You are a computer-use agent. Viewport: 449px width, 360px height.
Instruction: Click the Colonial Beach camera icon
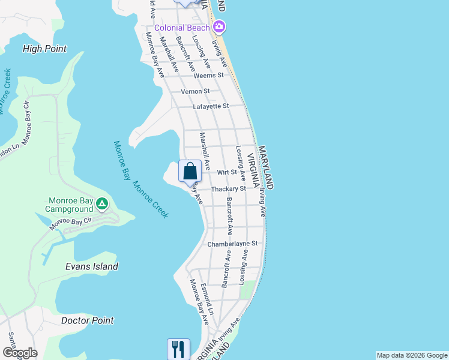pyautogui.click(x=219, y=27)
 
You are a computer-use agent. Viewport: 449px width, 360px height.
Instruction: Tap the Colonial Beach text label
pyautogui.click(x=182, y=28)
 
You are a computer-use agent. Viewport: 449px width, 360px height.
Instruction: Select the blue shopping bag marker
pyautogui.click(x=190, y=172)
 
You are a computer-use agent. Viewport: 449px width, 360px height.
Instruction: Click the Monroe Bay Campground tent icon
pyautogui.click(x=102, y=205)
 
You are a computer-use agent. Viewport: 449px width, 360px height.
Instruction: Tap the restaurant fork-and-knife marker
pyautogui.click(x=178, y=348)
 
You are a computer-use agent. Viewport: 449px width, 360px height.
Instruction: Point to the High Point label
pyautogui.click(x=44, y=49)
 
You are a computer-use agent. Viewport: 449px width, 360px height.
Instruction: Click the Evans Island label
pyautogui.click(x=91, y=266)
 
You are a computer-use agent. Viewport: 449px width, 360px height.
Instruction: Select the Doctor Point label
pyautogui.click(x=88, y=320)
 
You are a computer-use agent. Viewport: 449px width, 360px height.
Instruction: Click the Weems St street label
pyautogui.click(x=208, y=76)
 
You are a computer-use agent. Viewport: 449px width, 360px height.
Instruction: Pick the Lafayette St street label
pyautogui.click(x=211, y=106)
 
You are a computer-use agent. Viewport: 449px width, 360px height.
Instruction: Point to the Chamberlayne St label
pyautogui.click(x=232, y=244)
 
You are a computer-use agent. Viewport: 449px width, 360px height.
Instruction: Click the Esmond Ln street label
pyautogui.click(x=208, y=299)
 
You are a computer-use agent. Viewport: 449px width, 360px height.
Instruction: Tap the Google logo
pyautogui.click(x=20, y=353)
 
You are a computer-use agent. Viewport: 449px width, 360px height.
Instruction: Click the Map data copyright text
pyautogui.click(x=412, y=355)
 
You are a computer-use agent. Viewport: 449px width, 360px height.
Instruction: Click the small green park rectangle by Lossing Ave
pyautogui.click(x=245, y=290)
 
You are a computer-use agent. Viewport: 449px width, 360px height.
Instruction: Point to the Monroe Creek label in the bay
pyautogui.click(x=151, y=199)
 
